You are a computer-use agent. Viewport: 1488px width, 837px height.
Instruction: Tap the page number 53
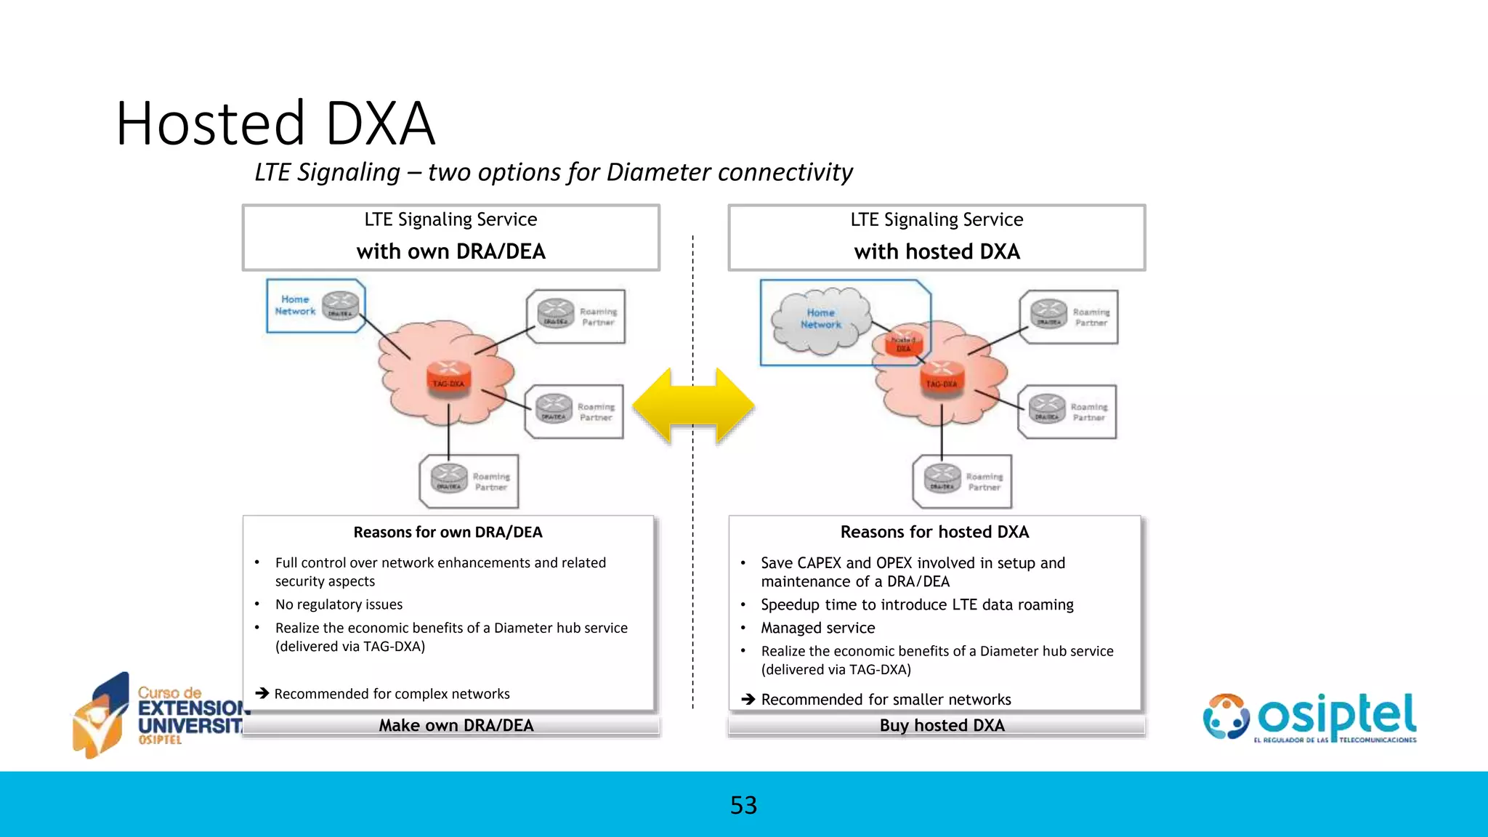[743, 805]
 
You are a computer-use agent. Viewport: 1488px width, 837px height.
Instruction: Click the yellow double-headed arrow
[693, 406]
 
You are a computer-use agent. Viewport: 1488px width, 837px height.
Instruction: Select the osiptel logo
[1309, 718]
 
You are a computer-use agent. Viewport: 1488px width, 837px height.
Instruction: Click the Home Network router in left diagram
[340, 305]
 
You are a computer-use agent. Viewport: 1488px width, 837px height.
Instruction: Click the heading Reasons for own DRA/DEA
[448, 532]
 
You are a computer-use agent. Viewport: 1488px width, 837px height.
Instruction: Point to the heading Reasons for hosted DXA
[934, 532]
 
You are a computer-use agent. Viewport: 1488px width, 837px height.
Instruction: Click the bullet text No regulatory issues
[339, 604]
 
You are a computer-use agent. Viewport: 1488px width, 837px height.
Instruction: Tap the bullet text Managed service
[817, 628]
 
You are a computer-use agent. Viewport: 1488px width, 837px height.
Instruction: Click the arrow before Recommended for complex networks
[262, 693]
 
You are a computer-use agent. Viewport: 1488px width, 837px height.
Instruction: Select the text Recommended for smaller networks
[885, 700]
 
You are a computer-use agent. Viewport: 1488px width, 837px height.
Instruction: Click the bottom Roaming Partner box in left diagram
[469, 481]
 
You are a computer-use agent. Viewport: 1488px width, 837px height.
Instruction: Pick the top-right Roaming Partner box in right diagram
[1068, 317]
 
